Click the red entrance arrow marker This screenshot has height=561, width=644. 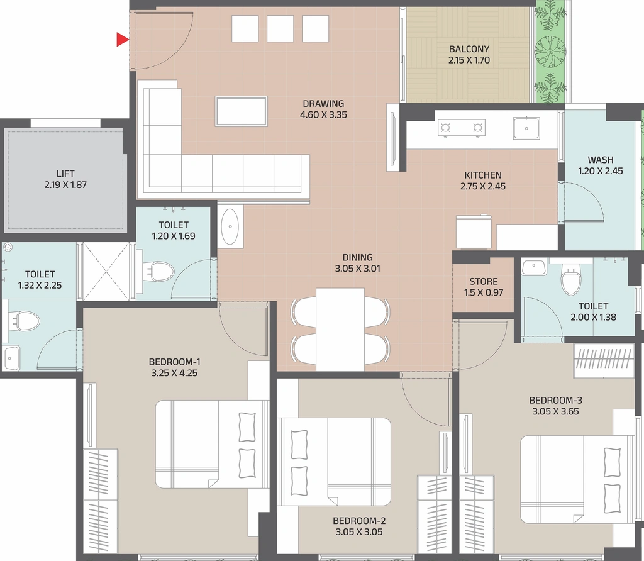click(x=123, y=40)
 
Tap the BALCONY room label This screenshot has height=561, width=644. click(x=469, y=49)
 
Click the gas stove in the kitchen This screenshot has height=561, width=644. click(x=461, y=127)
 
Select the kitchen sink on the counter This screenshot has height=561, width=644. click(x=526, y=128)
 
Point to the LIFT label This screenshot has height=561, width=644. click(x=65, y=174)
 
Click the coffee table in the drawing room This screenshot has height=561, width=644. click(x=241, y=111)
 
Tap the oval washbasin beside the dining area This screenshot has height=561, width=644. click(x=230, y=226)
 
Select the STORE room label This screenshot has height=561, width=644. click(x=484, y=282)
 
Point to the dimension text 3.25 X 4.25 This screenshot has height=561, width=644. click(x=174, y=374)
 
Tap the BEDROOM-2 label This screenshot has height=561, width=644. click(x=359, y=521)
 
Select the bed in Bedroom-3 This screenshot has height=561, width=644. click(x=577, y=480)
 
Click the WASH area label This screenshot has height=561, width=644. click(x=601, y=160)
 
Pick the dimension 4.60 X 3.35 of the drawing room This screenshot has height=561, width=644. click(x=323, y=115)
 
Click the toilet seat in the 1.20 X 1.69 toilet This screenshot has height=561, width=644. click(x=159, y=272)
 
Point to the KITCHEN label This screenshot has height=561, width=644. click(x=483, y=175)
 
